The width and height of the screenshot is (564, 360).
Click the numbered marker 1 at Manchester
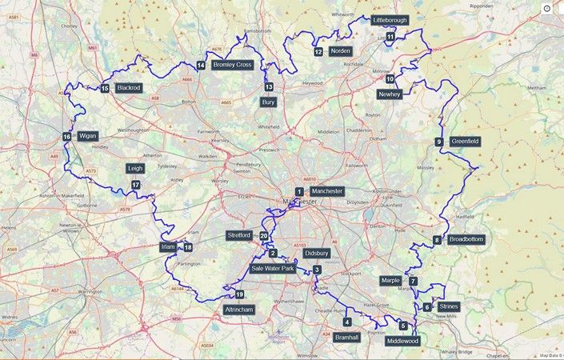(x=298, y=191)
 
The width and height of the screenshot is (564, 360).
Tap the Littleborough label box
(x=390, y=19)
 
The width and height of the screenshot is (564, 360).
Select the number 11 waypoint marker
(x=390, y=37)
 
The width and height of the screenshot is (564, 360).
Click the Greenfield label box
(x=465, y=142)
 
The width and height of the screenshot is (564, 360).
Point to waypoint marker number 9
(x=438, y=142)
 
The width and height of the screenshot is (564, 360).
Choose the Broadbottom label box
(x=466, y=239)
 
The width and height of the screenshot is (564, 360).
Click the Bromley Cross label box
(x=233, y=65)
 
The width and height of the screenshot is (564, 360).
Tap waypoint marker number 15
(x=105, y=88)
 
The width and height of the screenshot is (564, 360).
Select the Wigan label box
(x=87, y=136)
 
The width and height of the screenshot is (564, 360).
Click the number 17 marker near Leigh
(x=136, y=185)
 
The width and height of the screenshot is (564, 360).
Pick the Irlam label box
(x=167, y=246)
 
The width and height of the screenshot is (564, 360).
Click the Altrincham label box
(x=239, y=310)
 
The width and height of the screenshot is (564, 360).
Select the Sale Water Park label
(x=273, y=269)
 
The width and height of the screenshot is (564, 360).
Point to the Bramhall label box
(x=348, y=338)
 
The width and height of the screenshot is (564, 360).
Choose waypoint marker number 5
(x=403, y=326)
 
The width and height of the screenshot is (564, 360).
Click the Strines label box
(x=448, y=306)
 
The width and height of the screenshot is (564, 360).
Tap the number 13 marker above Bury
(x=269, y=86)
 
